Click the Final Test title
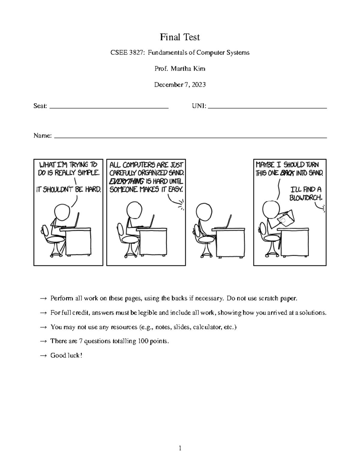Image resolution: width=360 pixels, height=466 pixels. tap(180, 37)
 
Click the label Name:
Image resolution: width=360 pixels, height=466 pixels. tap(43, 136)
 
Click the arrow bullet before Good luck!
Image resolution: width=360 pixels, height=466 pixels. tap(43, 356)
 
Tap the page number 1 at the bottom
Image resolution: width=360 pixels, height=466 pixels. tap(180, 448)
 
